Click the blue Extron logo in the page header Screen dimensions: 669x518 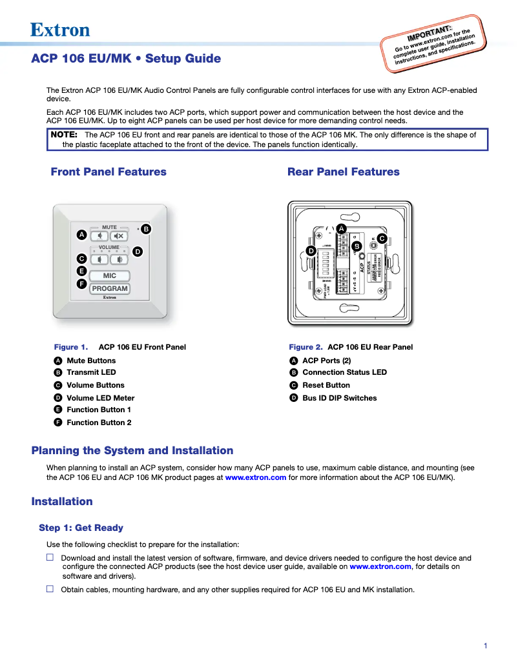(x=60, y=30)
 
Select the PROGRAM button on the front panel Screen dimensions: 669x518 (x=109, y=289)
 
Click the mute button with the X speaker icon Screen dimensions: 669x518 (x=119, y=236)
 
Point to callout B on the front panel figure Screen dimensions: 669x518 (x=146, y=229)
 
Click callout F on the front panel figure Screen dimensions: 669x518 (x=81, y=284)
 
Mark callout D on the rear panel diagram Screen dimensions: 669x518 (x=311, y=250)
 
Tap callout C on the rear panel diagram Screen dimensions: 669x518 (x=382, y=239)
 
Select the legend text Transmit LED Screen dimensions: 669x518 (x=91, y=372)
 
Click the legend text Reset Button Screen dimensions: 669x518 (x=326, y=385)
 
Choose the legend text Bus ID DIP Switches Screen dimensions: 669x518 (x=339, y=398)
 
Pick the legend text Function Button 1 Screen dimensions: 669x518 (x=99, y=410)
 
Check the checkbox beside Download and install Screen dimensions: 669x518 (x=50, y=557)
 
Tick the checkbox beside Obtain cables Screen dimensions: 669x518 (x=50, y=589)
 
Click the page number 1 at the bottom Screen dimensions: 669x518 (x=485, y=646)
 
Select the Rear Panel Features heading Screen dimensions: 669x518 (x=343, y=172)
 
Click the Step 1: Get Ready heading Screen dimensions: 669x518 (x=81, y=528)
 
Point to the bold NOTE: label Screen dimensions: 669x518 (x=64, y=135)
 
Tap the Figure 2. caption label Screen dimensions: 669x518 (x=306, y=347)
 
